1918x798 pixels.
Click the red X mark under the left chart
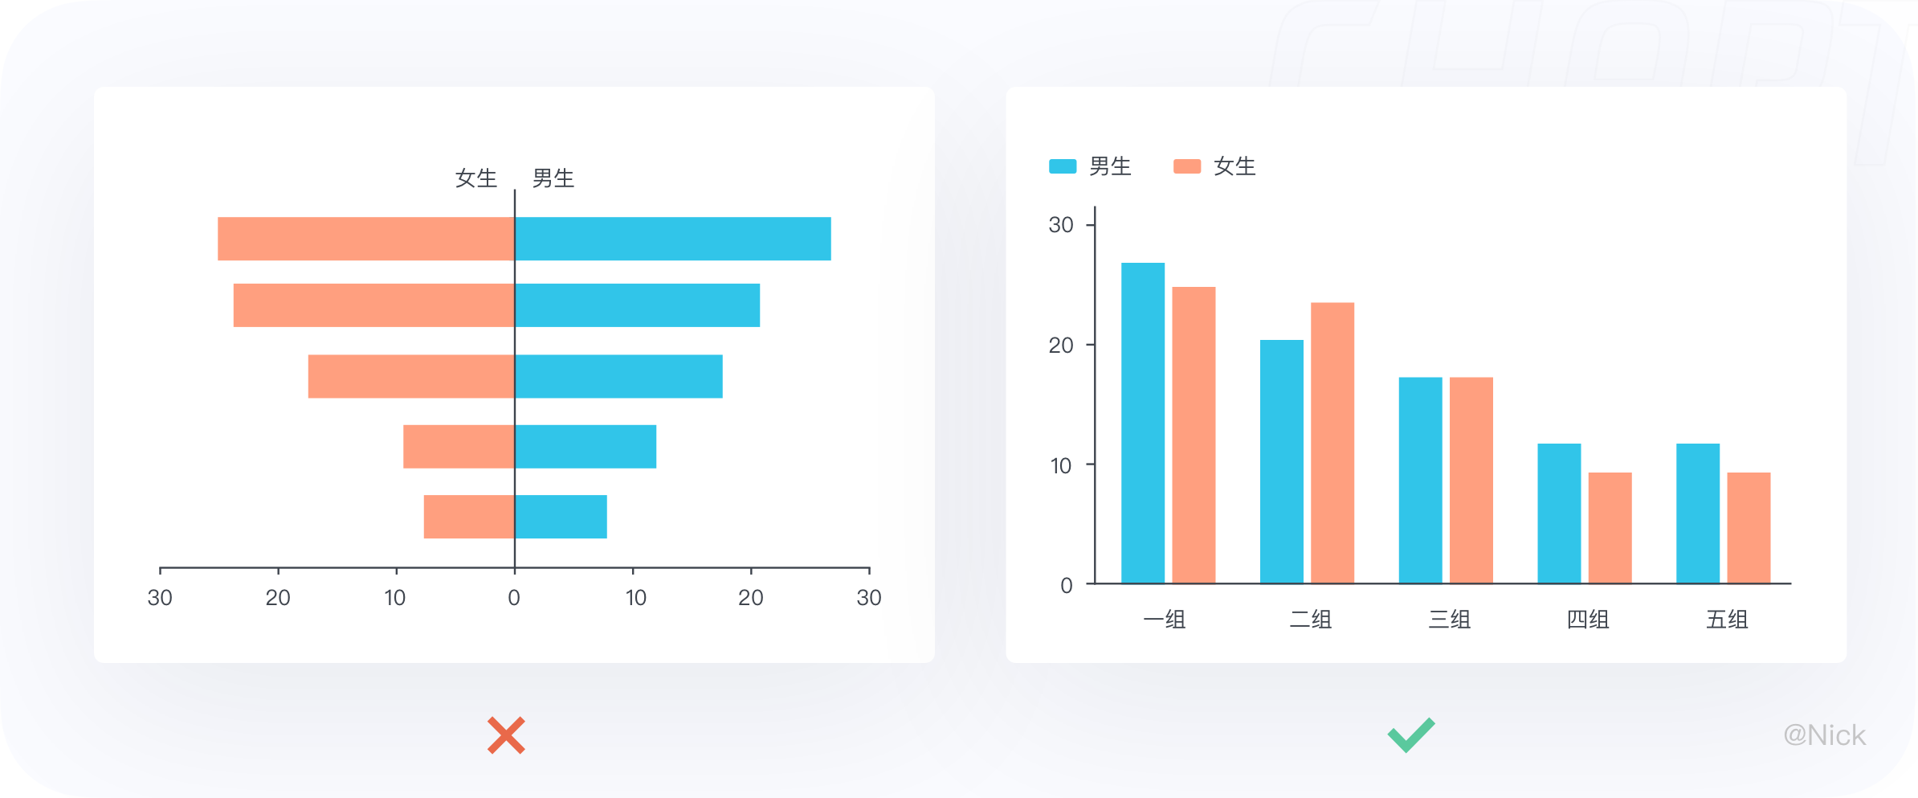point(506,735)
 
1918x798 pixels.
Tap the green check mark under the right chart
point(1411,735)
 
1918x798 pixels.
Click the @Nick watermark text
point(1824,735)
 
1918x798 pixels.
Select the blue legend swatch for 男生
point(1063,166)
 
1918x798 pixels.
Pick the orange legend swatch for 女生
point(1187,166)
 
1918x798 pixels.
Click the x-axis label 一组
point(1164,620)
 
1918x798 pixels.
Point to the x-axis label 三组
point(1449,620)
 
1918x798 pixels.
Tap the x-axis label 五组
point(1727,620)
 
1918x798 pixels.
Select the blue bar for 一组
point(1143,423)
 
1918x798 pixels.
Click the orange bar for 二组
point(1332,443)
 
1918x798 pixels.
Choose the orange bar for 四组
point(1610,528)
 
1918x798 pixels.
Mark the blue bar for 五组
point(1698,514)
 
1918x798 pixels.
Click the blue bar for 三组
point(1420,481)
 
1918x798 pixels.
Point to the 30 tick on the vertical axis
point(1061,225)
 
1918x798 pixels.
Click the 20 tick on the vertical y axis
point(1061,346)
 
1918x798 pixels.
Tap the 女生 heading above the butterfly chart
point(476,178)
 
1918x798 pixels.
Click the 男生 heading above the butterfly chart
point(553,178)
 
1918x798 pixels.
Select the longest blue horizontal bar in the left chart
point(673,239)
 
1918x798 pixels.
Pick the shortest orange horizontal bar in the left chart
point(469,517)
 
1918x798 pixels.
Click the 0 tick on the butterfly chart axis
point(514,598)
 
